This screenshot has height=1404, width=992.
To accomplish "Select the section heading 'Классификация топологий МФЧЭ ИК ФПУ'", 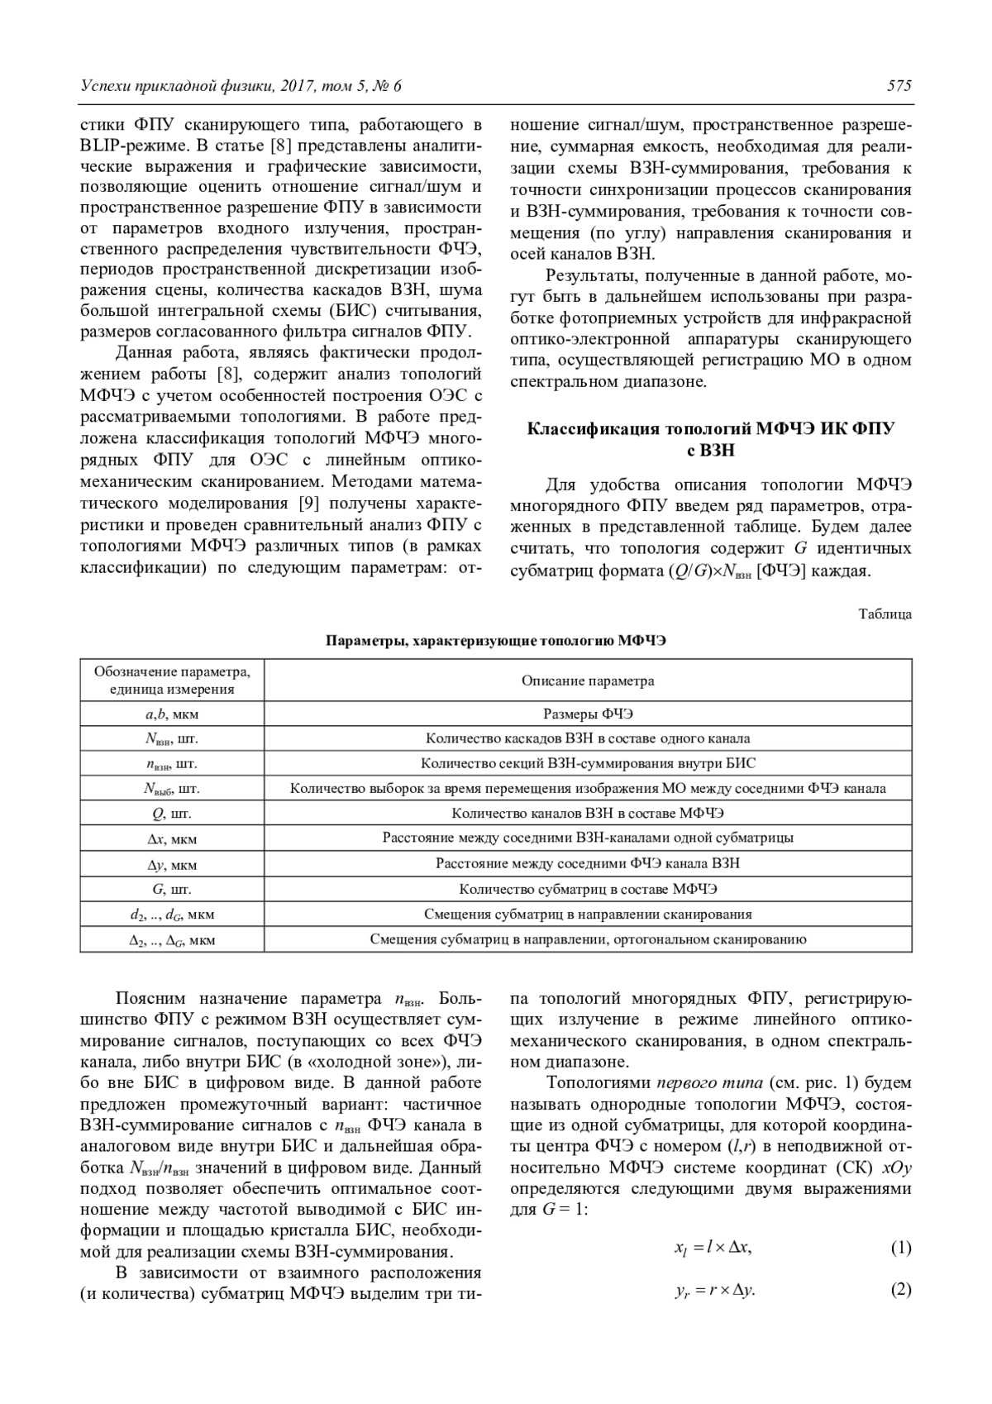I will (x=711, y=429).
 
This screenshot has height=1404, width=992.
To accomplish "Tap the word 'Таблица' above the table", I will (x=885, y=614).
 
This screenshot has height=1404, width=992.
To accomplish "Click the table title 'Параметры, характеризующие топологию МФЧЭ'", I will (x=496, y=641).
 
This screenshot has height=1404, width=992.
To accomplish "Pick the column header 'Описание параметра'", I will (x=588, y=681).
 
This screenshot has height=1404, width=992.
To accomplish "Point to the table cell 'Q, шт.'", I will (x=172, y=814).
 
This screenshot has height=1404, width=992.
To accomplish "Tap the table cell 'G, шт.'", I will (x=172, y=890).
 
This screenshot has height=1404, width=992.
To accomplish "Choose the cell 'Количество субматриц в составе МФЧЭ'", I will (x=588, y=890).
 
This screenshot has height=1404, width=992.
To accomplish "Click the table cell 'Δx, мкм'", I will (x=172, y=839).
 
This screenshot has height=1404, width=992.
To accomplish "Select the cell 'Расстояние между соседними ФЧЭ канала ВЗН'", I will (x=588, y=864).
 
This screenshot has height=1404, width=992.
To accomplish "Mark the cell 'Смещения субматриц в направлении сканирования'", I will (x=588, y=915).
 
